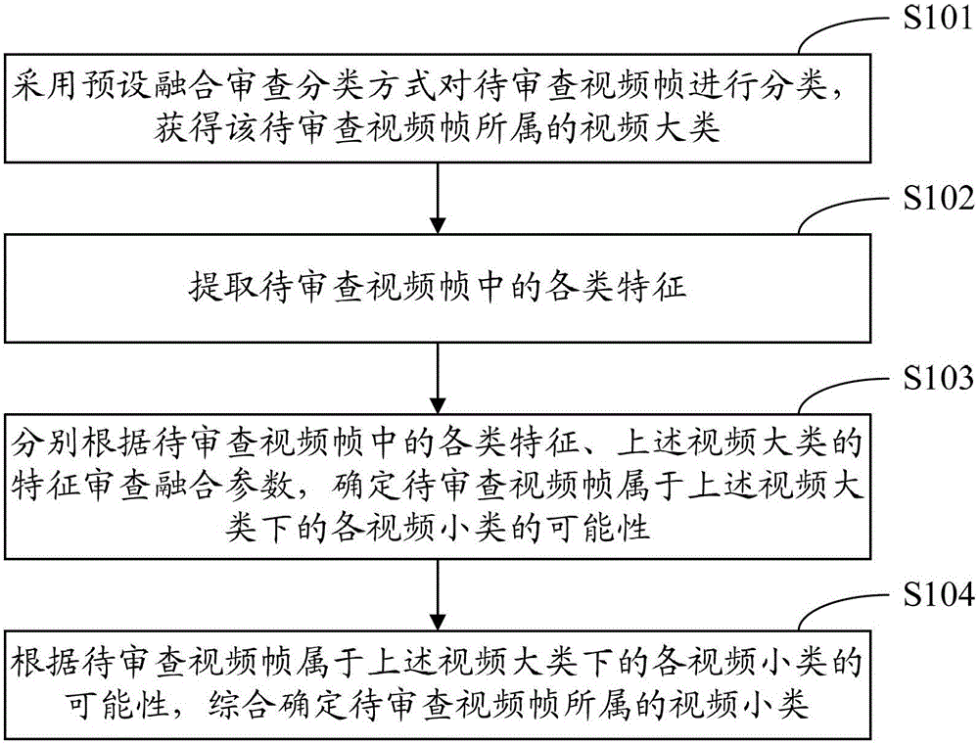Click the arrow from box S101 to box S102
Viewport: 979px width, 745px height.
point(438,198)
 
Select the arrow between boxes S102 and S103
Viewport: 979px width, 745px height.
point(438,378)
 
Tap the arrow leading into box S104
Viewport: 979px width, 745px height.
point(438,594)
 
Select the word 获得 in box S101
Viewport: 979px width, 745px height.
point(189,127)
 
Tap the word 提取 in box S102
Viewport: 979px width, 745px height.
point(223,287)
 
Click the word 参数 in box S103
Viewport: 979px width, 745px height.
point(259,486)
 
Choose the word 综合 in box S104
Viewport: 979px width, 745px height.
point(241,705)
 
